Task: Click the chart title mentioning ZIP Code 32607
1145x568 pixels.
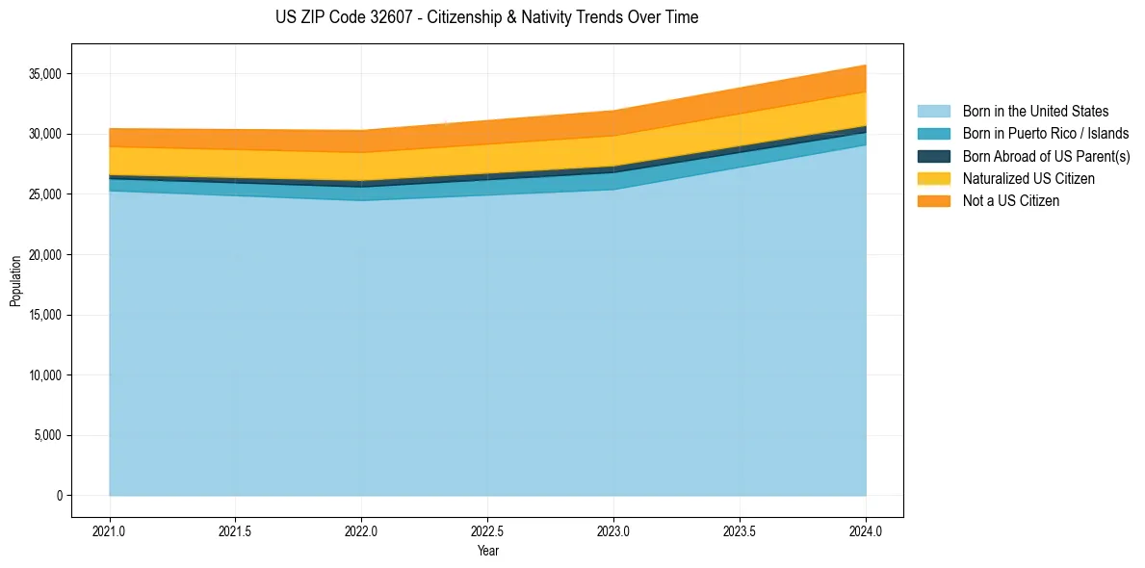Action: [486, 17]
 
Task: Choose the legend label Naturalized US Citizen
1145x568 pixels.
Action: [1028, 179]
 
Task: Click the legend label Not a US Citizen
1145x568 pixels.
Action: [1010, 201]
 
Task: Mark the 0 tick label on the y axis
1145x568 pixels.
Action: [59, 496]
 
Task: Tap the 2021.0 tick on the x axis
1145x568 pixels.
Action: [110, 530]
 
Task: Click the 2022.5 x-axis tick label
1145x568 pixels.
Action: [487, 530]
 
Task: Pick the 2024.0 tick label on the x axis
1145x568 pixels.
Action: [866, 530]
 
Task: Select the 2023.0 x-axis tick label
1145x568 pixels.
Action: [613, 530]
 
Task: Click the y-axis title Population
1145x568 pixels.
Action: [15, 281]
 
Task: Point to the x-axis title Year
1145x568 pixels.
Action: [487, 551]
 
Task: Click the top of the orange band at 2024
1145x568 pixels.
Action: [865, 65]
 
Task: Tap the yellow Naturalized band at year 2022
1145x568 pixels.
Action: [361, 167]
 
